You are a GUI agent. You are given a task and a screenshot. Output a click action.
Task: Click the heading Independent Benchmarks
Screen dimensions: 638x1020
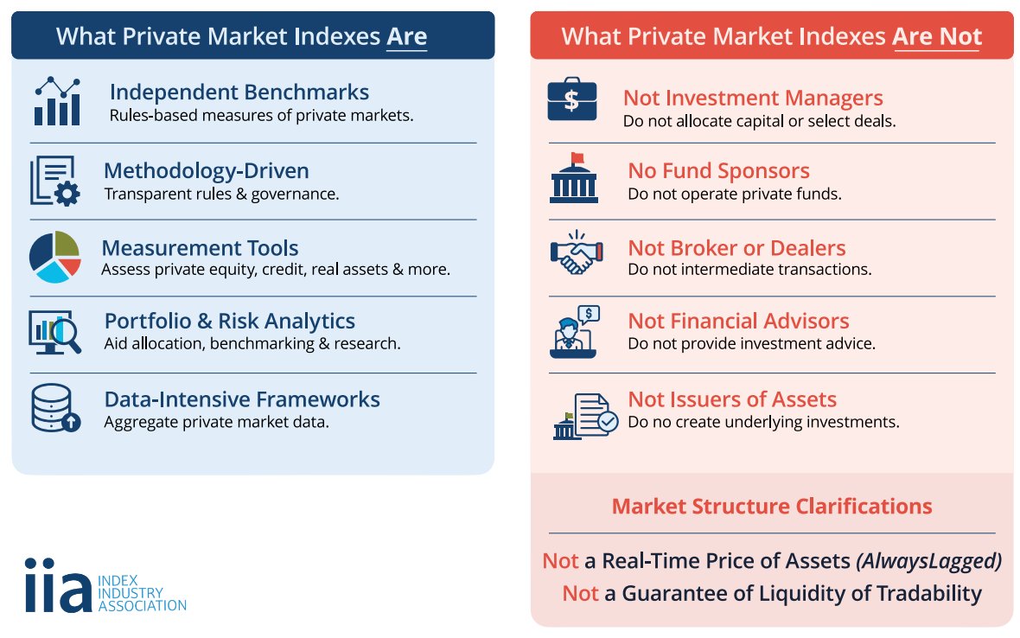(239, 92)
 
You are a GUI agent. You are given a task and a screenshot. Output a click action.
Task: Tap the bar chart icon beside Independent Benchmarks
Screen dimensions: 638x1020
(56, 101)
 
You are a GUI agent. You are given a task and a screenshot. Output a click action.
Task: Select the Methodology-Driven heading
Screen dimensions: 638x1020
(206, 170)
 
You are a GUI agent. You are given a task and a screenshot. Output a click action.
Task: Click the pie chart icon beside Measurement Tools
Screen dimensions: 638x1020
(54, 257)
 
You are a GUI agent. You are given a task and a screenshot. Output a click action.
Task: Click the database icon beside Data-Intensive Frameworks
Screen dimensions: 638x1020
(54, 408)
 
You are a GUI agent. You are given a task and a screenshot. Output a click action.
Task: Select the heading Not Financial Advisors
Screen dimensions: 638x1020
(738, 321)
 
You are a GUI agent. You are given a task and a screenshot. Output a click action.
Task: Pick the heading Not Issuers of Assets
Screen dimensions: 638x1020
(731, 399)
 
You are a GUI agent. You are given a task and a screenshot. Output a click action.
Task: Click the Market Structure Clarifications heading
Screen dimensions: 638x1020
(771, 506)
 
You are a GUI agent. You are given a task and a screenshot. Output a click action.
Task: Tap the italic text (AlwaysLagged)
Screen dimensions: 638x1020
(928, 561)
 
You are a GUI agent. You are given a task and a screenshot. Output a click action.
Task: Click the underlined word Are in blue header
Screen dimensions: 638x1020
(406, 36)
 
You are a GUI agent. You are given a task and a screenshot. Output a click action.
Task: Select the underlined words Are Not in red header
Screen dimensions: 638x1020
(937, 36)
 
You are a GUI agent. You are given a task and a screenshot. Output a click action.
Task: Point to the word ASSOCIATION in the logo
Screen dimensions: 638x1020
(143, 605)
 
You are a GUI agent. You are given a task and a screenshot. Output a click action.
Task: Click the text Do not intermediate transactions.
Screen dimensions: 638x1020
(749, 269)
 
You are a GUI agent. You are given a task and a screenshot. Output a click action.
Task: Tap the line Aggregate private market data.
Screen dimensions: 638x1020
(216, 422)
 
